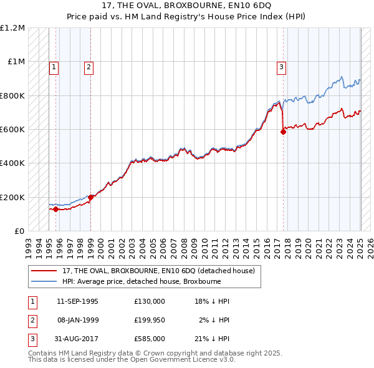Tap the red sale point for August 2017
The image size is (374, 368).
click(x=283, y=132)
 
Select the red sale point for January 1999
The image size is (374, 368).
click(x=91, y=197)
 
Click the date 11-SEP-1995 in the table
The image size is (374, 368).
click(x=77, y=301)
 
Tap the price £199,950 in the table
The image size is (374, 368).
click(x=150, y=320)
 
